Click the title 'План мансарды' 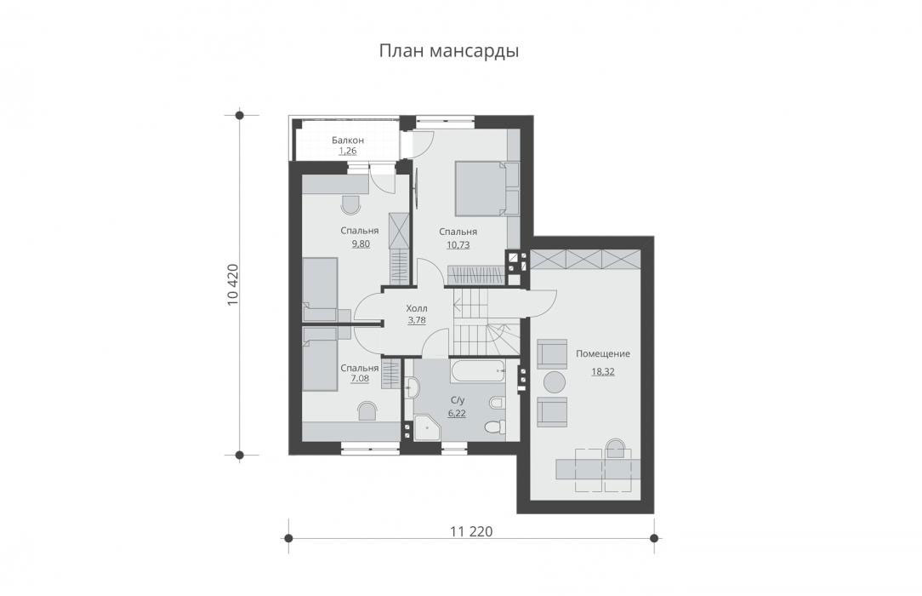(448, 51)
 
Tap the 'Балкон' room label (348, 140)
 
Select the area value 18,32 (603, 372)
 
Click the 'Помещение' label (603, 353)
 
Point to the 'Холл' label (417, 308)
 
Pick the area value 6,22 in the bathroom (457, 413)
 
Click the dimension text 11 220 (471, 532)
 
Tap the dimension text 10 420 (233, 285)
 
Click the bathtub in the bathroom (477, 371)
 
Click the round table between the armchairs (554, 382)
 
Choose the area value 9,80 (361, 244)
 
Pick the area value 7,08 (360, 378)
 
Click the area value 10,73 (458, 244)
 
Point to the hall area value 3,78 (416, 321)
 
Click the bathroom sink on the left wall (413, 387)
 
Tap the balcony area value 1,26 (348, 152)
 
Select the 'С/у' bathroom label (457, 400)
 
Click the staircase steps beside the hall (486, 323)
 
